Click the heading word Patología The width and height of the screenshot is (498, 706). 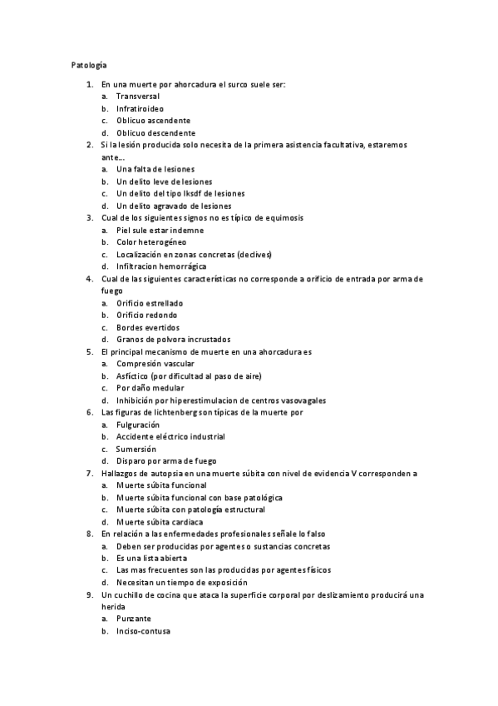pos(86,64)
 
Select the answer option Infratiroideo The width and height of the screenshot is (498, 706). pos(140,109)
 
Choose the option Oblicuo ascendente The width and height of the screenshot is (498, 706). pos(153,121)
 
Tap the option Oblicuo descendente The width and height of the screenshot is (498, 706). pos(155,133)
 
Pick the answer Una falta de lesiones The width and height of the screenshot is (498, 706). pos(155,169)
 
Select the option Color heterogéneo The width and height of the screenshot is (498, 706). pos(151,242)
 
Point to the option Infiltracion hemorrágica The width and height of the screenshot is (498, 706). pos(161,266)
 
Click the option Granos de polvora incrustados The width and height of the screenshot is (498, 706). pos(173,340)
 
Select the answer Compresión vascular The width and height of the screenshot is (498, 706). pos(155,364)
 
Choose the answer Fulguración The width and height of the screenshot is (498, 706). pos(138,425)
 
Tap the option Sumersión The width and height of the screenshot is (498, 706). pos(137,449)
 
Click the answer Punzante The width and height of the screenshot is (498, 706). pos(134,619)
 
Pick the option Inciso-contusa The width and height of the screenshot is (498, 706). pos(143,631)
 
